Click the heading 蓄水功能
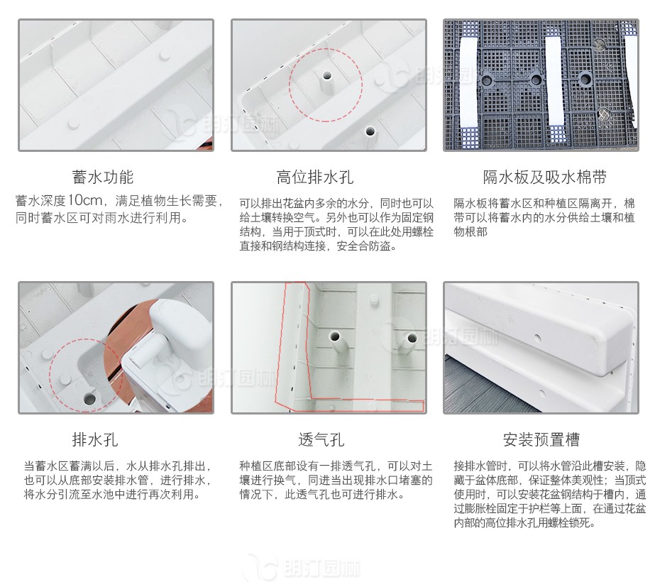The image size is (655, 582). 103,177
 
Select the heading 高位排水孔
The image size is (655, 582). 315,177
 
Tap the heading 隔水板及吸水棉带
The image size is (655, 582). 545,177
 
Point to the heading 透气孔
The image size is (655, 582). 321,439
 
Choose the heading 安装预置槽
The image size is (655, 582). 541,439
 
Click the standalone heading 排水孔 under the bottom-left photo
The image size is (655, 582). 95,439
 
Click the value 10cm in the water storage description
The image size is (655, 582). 85,201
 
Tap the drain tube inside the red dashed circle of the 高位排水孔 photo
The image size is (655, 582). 326,83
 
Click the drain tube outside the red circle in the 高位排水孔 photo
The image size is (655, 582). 370,136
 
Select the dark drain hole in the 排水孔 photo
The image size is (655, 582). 89,399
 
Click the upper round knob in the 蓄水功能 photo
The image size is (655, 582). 165,55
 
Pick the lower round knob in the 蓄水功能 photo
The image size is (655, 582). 74,123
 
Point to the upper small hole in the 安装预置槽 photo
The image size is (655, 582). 538,338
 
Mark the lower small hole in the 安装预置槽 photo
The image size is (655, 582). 542,393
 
